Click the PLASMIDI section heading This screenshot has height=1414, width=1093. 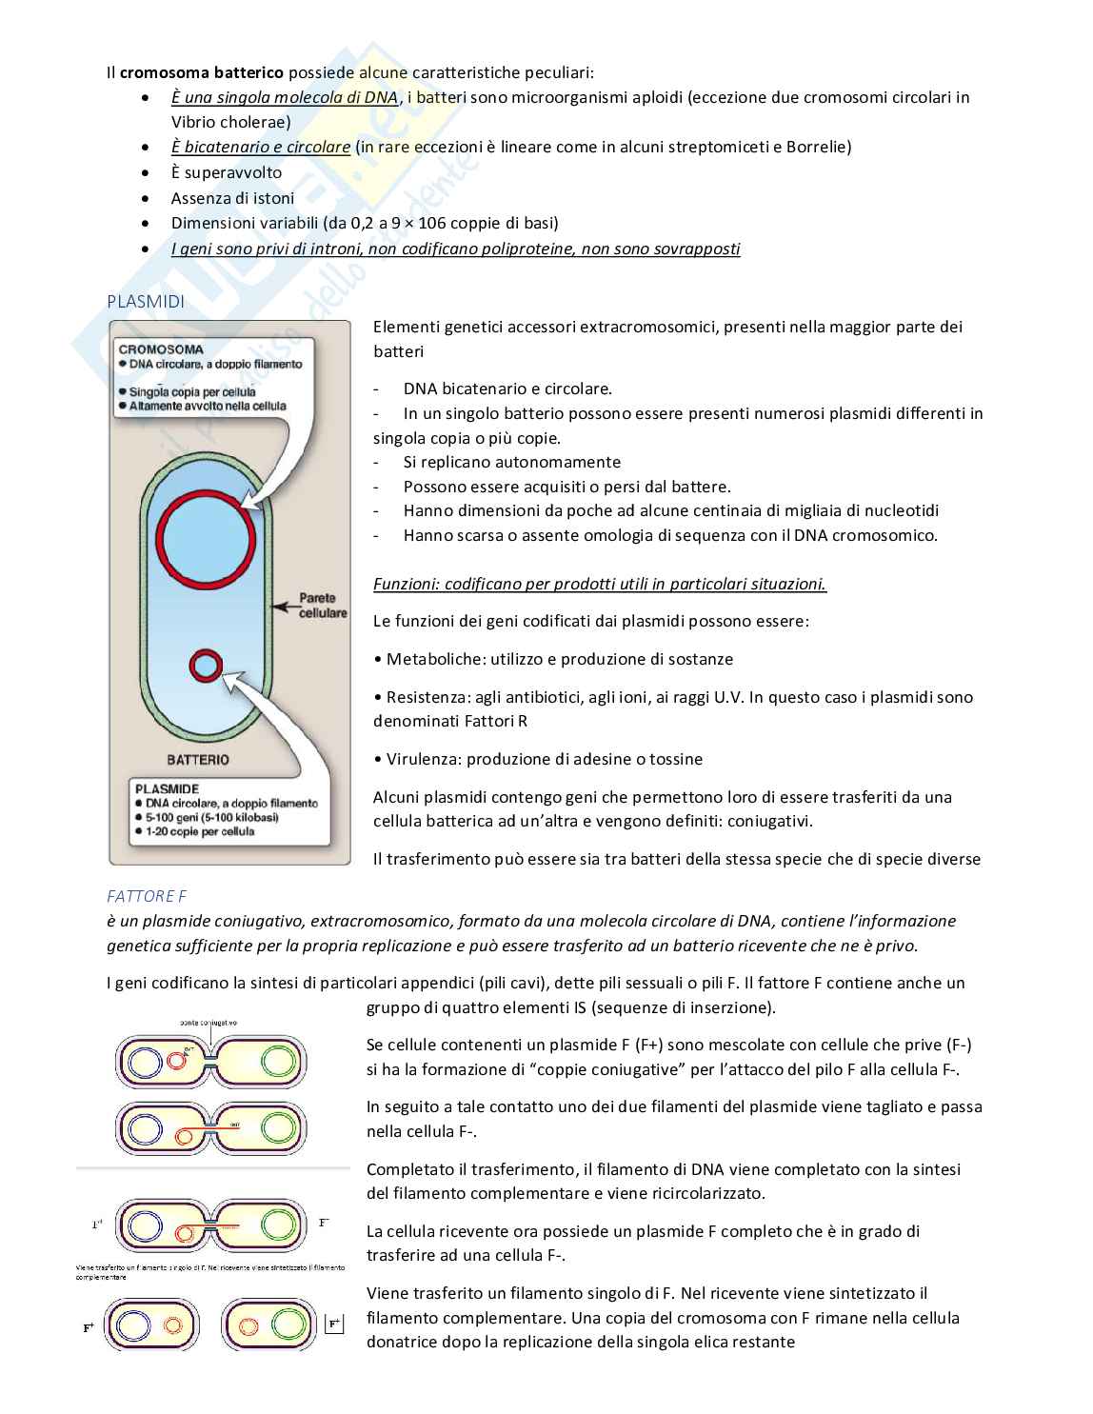tap(145, 302)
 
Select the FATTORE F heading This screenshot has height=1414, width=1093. tap(140, 896)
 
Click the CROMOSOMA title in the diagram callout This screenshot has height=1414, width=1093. tap(161, 349)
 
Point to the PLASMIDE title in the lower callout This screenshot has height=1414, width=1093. tap(168, 788)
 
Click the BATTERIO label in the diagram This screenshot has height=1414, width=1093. tap(198, 760)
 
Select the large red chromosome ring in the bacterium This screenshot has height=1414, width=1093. tap(207, 541)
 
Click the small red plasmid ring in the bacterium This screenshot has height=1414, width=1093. tap(206, 666)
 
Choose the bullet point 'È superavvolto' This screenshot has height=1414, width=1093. tap(227, 172)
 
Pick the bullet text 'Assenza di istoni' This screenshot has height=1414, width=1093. tap(232, 198)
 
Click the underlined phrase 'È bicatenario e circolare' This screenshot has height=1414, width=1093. tap(261, 147)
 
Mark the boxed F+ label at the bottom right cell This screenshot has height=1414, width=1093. tap(334, 1324)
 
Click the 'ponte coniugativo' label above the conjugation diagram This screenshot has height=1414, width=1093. tap(208, 1022)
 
